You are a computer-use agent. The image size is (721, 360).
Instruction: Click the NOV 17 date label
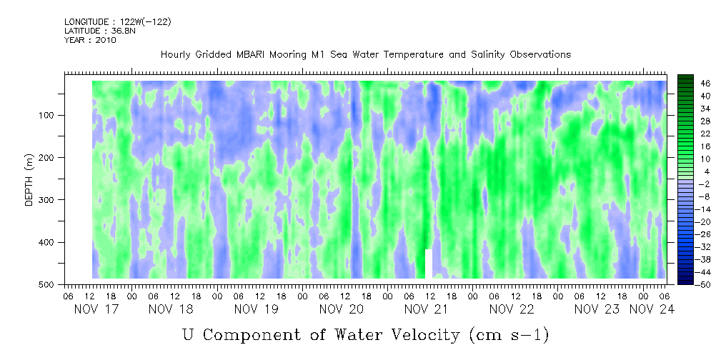(x=97, y=309)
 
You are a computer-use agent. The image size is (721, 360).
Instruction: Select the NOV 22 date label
(x=512, y=309)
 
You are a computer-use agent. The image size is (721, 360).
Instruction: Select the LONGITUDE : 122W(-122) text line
(x=117, y=22)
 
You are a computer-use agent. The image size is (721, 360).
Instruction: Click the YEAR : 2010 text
(x=90, y=40)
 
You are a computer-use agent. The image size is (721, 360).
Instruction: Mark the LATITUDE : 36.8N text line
(x=99, y=31)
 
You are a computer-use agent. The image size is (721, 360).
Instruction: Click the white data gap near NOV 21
(x=429, y=264)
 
